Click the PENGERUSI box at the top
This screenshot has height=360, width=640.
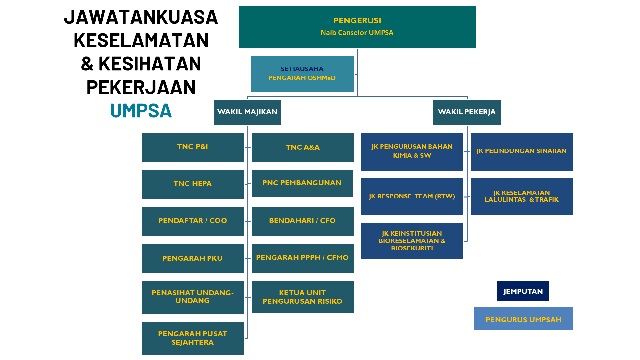[357, 27]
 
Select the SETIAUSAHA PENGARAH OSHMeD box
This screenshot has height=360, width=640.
[302, 74]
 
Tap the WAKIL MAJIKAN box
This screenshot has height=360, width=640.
[247, 112]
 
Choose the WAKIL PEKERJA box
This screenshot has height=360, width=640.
[467, 112]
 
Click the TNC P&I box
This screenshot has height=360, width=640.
[192, 147]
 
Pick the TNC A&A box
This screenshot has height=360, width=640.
[303, 147]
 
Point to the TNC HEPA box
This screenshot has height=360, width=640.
[192, 184]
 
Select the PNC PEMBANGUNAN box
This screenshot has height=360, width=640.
[302, 183]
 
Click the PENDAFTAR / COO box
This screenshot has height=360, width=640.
[192, 221]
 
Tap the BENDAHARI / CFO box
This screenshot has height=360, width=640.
[302, 221]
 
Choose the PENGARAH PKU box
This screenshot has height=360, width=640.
[192, 258]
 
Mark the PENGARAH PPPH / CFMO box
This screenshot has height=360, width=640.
[302, 258]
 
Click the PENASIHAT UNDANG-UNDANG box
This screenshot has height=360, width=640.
[192, 297]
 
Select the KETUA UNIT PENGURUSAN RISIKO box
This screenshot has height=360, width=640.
[302, 297]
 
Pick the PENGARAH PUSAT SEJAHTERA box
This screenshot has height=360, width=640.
[193, 338]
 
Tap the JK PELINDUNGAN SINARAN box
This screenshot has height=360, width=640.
[522, 151]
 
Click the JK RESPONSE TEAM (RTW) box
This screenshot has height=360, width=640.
[412, 197]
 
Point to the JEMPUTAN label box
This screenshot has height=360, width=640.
[523, 291]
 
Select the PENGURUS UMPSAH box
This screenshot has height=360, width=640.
[523, 318]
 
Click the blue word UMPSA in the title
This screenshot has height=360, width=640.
[141, 111]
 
